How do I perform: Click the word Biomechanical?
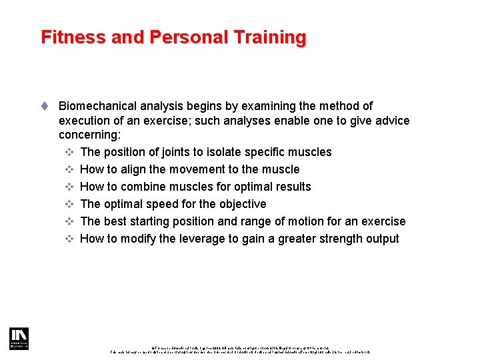coord(99,106)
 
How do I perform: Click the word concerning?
coord(87,135)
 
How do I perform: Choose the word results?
coord(291,187)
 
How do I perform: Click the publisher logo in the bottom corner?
coord(19,339)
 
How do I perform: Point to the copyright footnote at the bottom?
coord(240,349)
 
